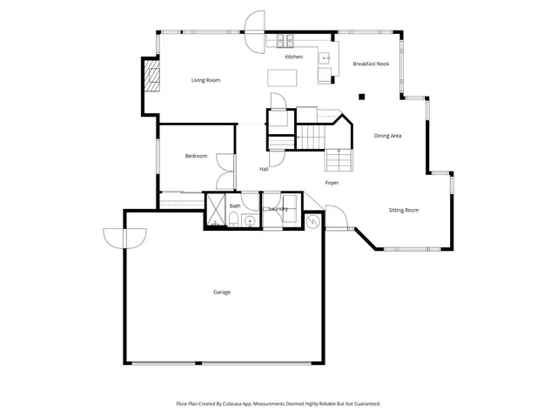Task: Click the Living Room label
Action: (x=206, y=80)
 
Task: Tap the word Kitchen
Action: (x=294, y=57)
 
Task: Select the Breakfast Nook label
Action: (x=370, y=64)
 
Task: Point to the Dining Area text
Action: (x=387, y=136)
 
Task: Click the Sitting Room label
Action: (x=403, y=210)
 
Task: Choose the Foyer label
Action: (x=332, y=183)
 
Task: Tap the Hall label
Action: (x=264, y=169)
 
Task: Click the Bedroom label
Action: (x=196, y=156)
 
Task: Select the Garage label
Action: (x=222, y=292)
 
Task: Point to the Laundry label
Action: (x=278, y=209)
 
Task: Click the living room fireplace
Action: (x=153, y=77)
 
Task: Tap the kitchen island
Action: (x=281, y=78)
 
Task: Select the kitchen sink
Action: (x=324, y=59)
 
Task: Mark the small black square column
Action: (x=360, y=96)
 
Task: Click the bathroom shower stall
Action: (x=215, y=210)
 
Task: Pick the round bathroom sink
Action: (x=250, y=221)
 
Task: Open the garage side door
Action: (x=124, y=236)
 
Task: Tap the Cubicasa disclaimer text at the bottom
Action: (x=278, y=404)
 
